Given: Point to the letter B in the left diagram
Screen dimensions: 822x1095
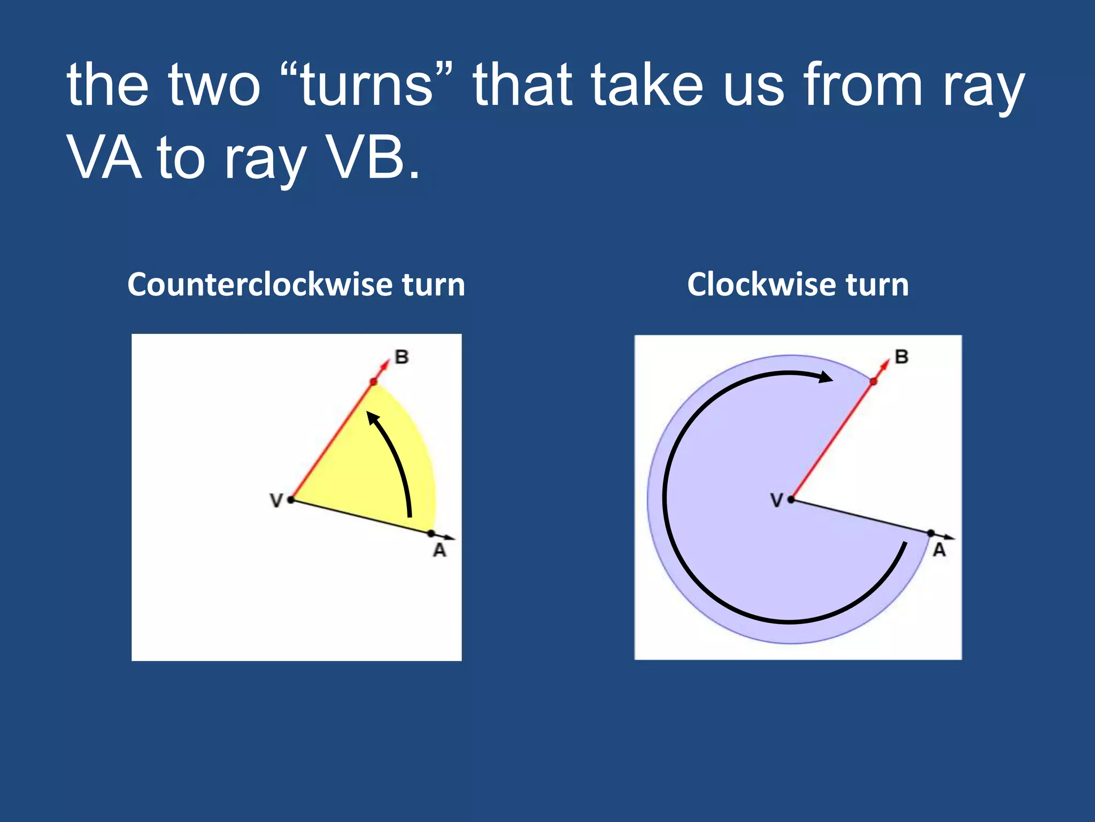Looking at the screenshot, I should click(x=402, y=357).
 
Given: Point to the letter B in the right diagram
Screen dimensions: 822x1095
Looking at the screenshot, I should click(x=901, y=357).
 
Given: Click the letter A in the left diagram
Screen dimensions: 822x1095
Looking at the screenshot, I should click(x=439, y=550).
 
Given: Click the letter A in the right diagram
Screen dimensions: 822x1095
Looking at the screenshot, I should click(x=939, y=550).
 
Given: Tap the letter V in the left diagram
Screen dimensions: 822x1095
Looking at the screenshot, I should click(x=276, y=501).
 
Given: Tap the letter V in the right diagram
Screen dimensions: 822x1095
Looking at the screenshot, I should click(x=776, y=501).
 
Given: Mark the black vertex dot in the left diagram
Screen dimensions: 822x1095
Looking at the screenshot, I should click(x=291, y=500).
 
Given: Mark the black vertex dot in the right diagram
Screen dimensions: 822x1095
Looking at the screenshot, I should click(x=791, y=500).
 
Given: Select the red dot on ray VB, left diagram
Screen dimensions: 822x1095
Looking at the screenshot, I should click(x=374, y=382).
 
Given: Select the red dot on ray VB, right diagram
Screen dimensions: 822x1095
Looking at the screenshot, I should click(x=874, y=382).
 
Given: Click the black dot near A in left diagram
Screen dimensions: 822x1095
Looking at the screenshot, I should click(x=431, y=533).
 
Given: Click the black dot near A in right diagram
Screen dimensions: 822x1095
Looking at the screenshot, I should click(x=931, y=533).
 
